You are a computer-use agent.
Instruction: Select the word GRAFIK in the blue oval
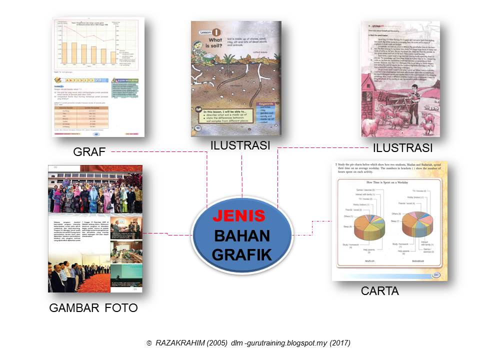click(x=241, y=254)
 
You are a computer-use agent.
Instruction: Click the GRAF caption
click(x=89, y=152)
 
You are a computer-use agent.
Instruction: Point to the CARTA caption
click(x=380, y=290)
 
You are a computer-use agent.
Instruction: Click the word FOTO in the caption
click(x=121, y=308)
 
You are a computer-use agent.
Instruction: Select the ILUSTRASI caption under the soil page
click(x=240, y=145)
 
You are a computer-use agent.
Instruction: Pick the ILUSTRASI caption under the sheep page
click(x=402, y=148)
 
